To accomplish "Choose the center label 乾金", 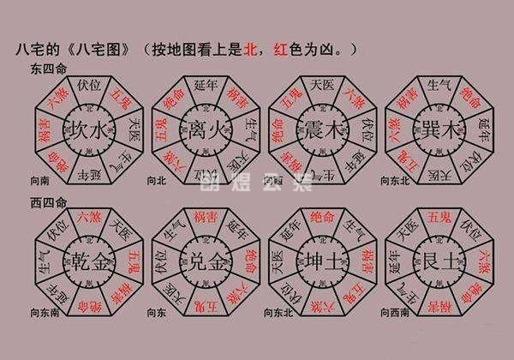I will tap(88, 260).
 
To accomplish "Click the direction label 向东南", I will tap(43, 314).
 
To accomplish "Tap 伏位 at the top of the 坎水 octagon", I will tap(89, 86).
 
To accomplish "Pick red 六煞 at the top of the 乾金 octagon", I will tap(89, 216).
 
